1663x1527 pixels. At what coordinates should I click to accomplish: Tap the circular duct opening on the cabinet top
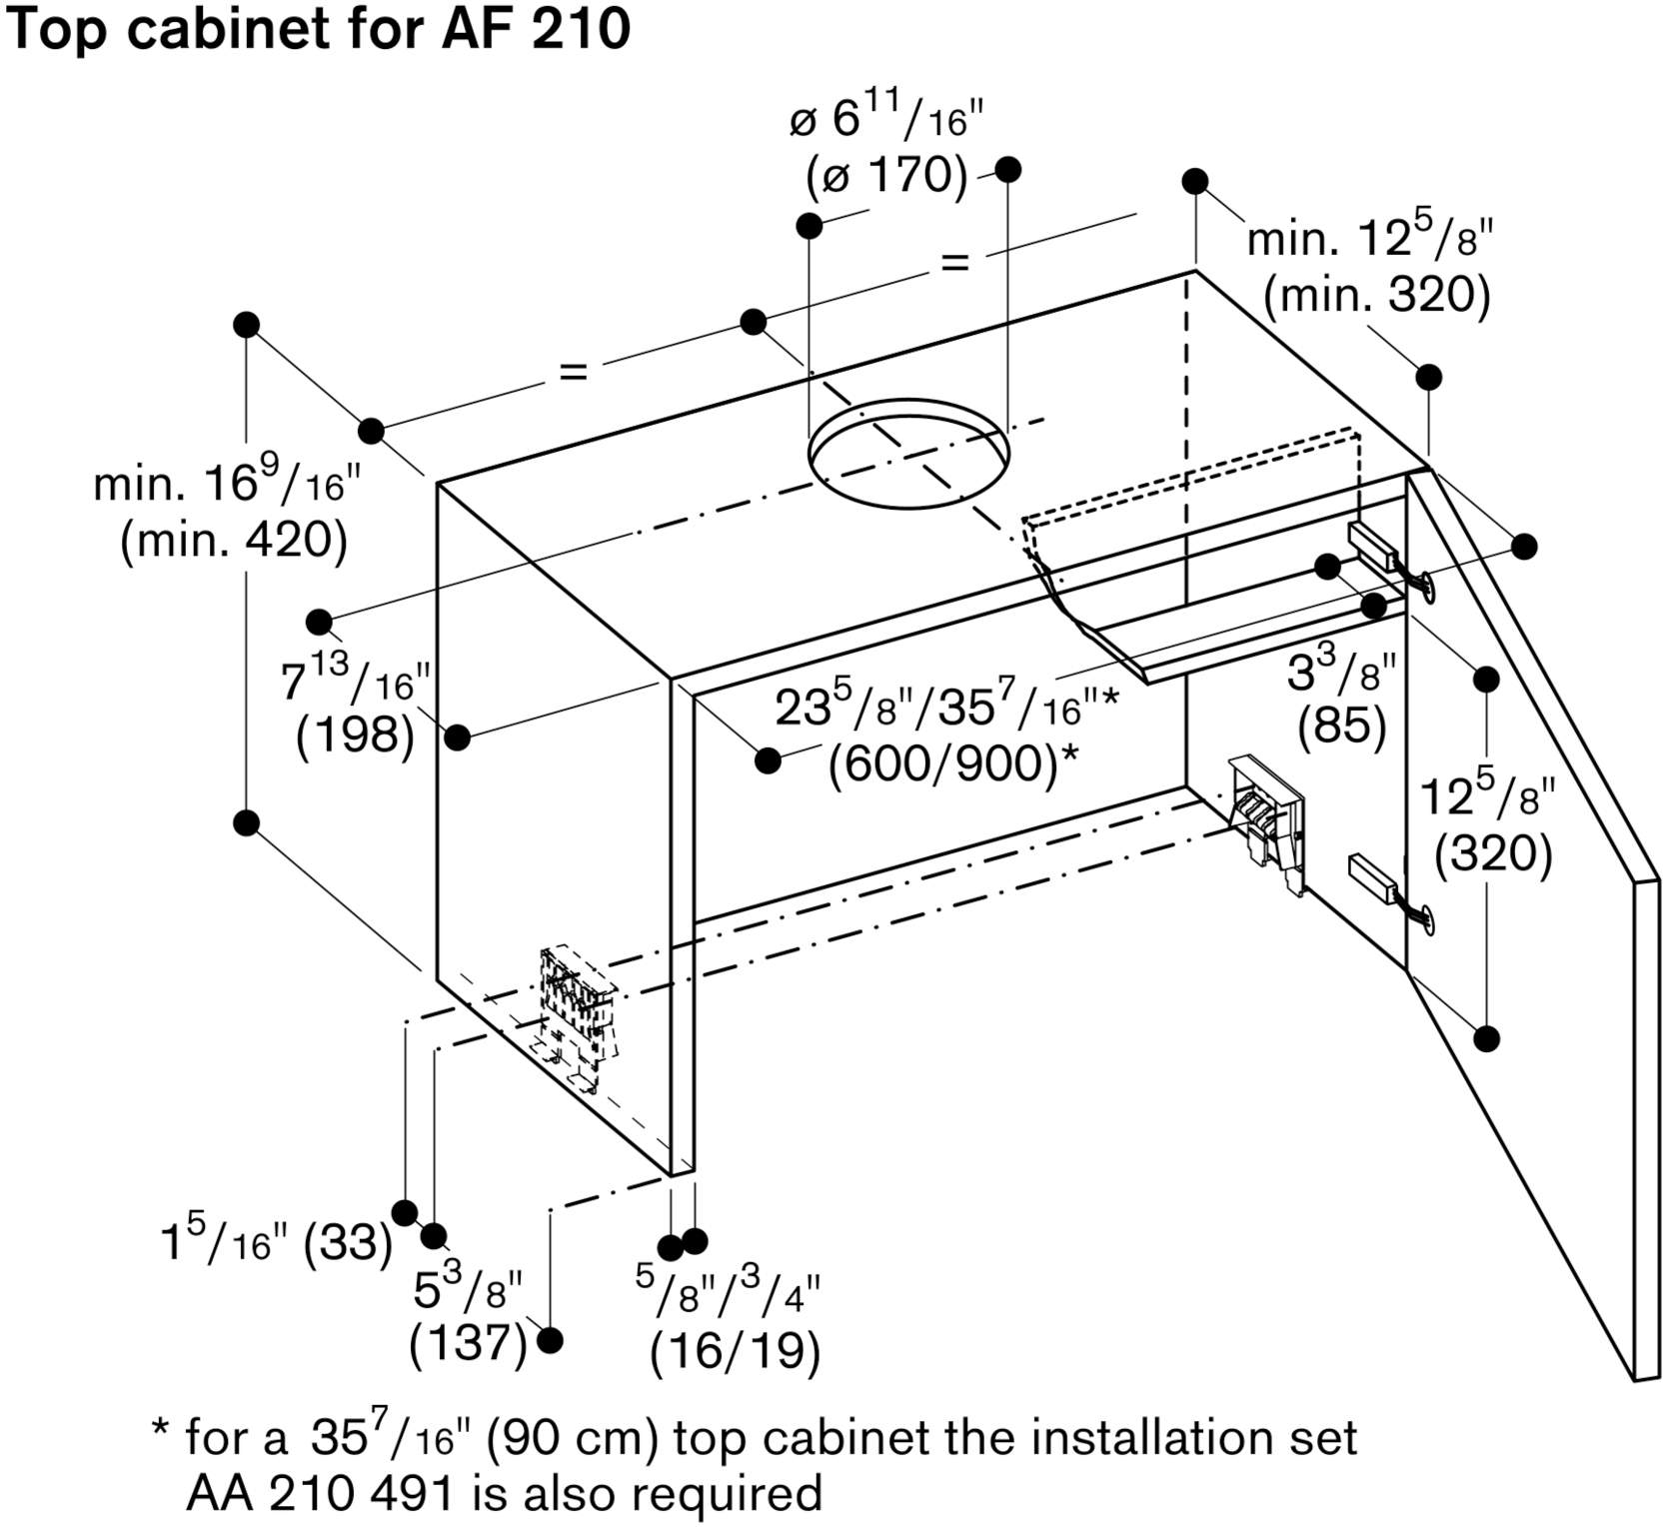[x=907, y=454]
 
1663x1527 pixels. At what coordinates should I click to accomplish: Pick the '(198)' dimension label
[x=355, y=736]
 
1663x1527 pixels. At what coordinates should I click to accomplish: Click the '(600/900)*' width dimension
[x=954, y=765]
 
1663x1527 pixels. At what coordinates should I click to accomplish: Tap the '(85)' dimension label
[x=1341, y=727]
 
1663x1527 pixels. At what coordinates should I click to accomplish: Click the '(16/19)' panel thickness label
[x=735, y=1352]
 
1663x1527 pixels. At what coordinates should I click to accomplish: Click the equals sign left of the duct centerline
[x=573, y=372]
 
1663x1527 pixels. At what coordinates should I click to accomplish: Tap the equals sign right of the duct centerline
[x=954, y=263]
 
